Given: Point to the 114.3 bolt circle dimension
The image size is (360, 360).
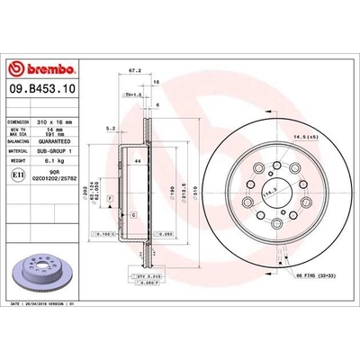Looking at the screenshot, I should click(267, 193).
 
